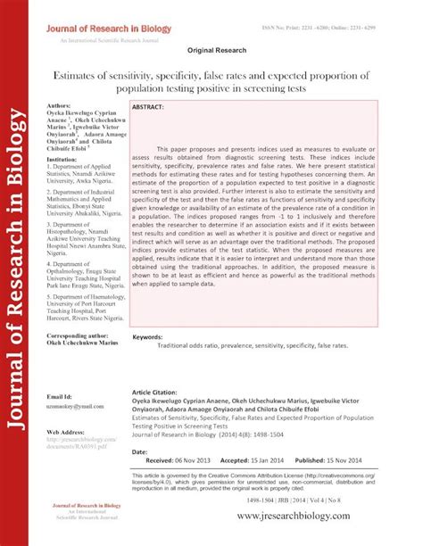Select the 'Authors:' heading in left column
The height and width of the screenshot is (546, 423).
point(59,105)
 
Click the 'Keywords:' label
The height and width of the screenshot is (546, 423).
point(147,337)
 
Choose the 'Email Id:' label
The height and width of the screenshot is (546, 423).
point(62,395)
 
